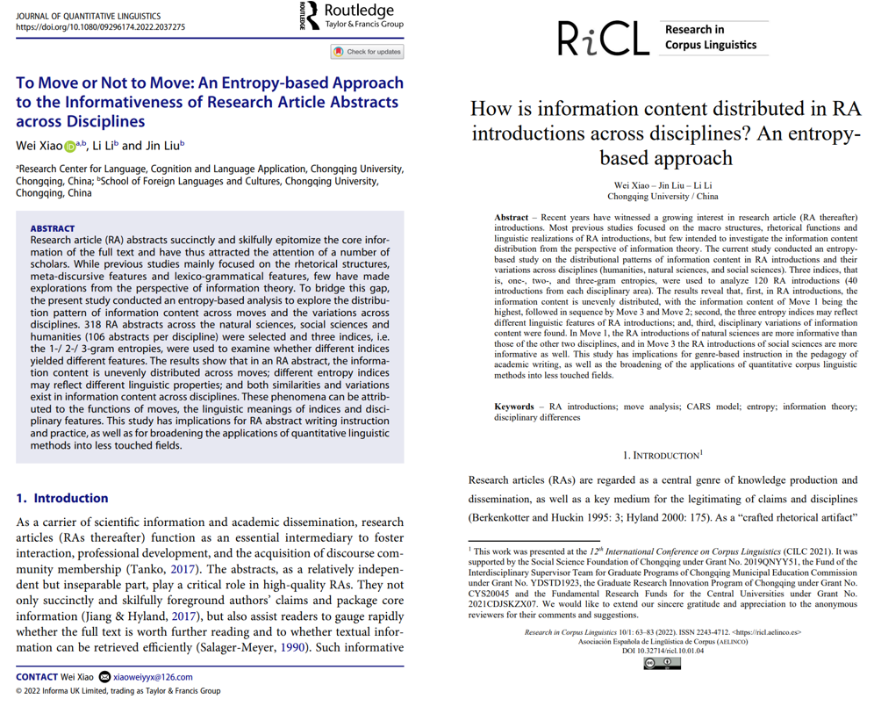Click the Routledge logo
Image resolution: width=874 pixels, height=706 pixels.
351,17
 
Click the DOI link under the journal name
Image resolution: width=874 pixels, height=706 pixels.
101,28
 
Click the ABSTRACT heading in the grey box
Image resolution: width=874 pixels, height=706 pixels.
53,228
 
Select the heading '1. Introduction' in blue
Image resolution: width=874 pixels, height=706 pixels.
63,498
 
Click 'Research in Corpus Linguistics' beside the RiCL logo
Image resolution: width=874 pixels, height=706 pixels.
711,38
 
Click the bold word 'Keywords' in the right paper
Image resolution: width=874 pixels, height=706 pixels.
519,407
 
